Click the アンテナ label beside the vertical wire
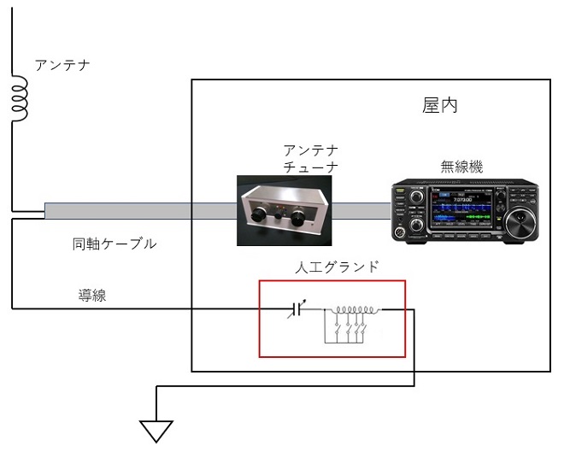click(x=62, y=66)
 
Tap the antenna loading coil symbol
click(x=20, y=98)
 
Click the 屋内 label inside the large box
click(x=439, y=105)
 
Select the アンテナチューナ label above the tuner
click(x=311, y=159)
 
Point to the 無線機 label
click(x=461, y=167)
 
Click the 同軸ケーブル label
click(x=115, y=244)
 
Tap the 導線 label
click(x=92, y=296)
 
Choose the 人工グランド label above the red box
click(x=337, y=267)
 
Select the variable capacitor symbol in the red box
click(x=297, y=309)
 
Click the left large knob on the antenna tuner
click(x=258, y=214)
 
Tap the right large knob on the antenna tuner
click(x=298, y=218)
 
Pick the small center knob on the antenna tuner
click(x=278, y=216)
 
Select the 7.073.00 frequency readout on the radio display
click(x=462, y=199)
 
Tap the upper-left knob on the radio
click(x=417, y=197)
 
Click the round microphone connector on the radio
click(x=398, y=232)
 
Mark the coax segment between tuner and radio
click(x=361, y=211)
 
